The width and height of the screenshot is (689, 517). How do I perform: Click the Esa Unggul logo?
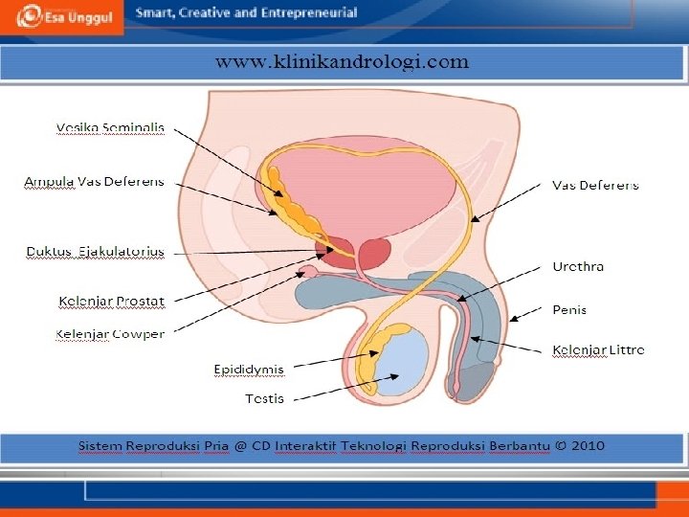[x=61, y=16]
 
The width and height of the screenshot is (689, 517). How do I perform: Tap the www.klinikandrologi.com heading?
[x=342, y=63]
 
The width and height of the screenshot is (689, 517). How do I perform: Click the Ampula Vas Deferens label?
[x=94, y=181]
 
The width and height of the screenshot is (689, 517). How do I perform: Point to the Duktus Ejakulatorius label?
[x=95, y=252]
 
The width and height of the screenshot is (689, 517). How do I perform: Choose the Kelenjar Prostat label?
[x=111, y=302]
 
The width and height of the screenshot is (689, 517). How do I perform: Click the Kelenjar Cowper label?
[x=109, y=334]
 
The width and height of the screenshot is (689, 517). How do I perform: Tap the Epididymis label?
[x=249, y=368]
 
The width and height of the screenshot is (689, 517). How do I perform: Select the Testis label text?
[x=264, y=397]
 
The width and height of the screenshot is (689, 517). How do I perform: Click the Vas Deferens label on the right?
[x=595, y=185]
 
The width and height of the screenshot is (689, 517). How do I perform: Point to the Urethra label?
[x=578, y=266]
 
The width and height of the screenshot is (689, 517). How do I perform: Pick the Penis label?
[x=569, y=309]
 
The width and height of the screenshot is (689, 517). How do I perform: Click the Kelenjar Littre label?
[x=598, y=349]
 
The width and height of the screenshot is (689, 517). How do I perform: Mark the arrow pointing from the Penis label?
[x=528, y=313]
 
